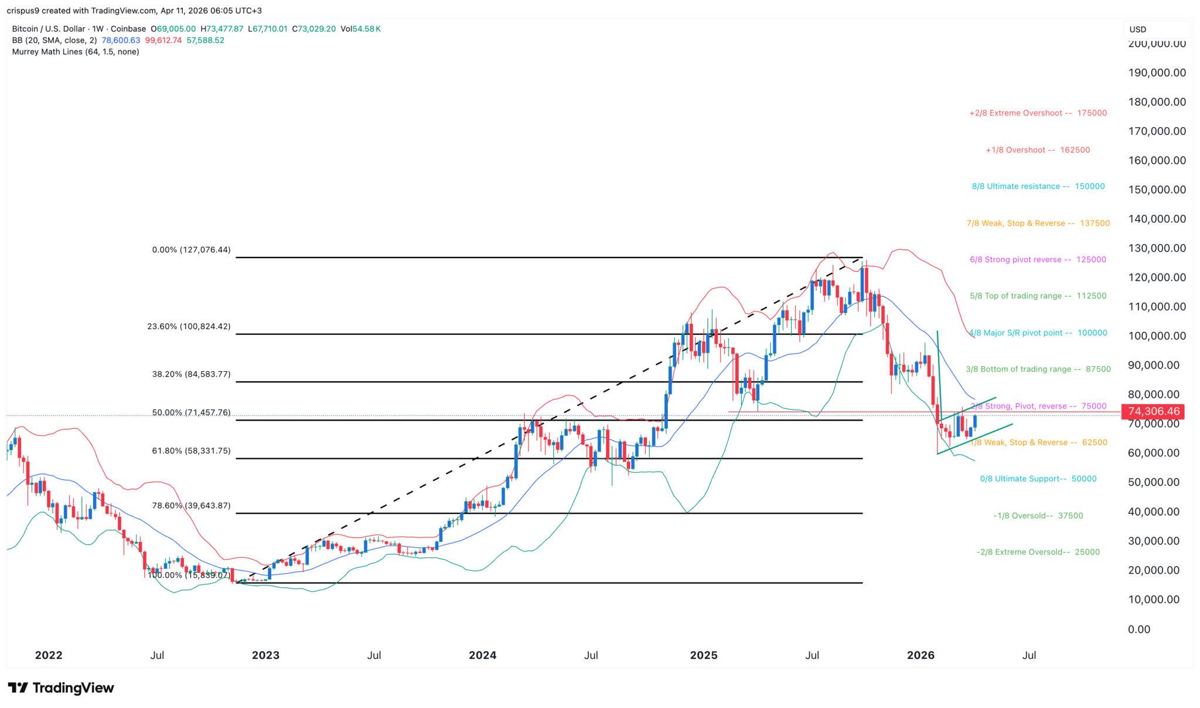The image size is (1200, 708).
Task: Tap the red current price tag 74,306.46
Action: [1152, 412]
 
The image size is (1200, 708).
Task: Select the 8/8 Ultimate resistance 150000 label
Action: [1038, 187]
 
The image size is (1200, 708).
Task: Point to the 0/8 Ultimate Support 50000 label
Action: [1038, 479]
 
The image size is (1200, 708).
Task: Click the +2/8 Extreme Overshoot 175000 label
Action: [1038, 113]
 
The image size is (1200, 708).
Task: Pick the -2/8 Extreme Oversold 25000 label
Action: [1038, 552]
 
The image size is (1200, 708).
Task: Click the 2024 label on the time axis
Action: [482, 655]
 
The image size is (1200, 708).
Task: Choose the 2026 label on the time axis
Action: [921, 655]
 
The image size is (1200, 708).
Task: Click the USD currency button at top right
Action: [1137, 29]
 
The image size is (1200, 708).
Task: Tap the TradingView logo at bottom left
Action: [61, 687]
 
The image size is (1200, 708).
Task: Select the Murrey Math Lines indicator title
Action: [76, 52]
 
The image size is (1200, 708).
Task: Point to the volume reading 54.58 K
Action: [366, 28]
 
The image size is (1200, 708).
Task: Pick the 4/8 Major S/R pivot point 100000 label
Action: [1038, 333]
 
